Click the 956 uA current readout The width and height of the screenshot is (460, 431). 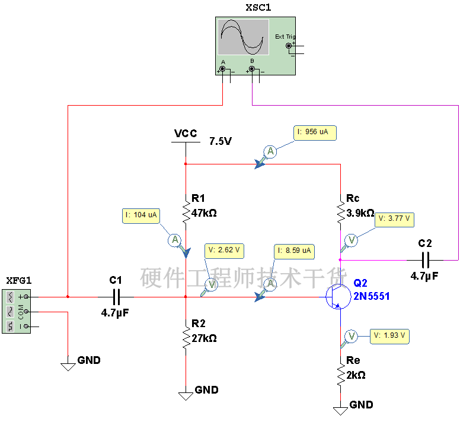point(315,132)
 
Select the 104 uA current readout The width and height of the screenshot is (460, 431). point(142,215)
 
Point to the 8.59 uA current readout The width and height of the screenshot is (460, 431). point(295,251)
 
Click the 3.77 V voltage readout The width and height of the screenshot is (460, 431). point(394,219)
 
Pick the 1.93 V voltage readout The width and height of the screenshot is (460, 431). point(389,336)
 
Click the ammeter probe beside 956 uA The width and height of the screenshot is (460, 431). point(270,152)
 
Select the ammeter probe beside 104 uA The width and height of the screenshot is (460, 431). point(174,240)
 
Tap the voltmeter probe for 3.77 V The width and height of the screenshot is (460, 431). point(351,240)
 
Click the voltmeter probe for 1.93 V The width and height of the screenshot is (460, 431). point(351,337)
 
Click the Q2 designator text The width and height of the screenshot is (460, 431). point(360,284)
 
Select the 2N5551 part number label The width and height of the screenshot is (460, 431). point(372,296)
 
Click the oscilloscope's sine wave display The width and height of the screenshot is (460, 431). point(243,37)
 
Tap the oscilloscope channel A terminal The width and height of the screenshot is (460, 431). point(223,69)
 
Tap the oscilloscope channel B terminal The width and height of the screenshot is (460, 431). point(252,69)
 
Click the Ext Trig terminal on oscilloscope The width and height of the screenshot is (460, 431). point(289,46)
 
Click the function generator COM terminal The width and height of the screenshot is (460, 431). point(26,311)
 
